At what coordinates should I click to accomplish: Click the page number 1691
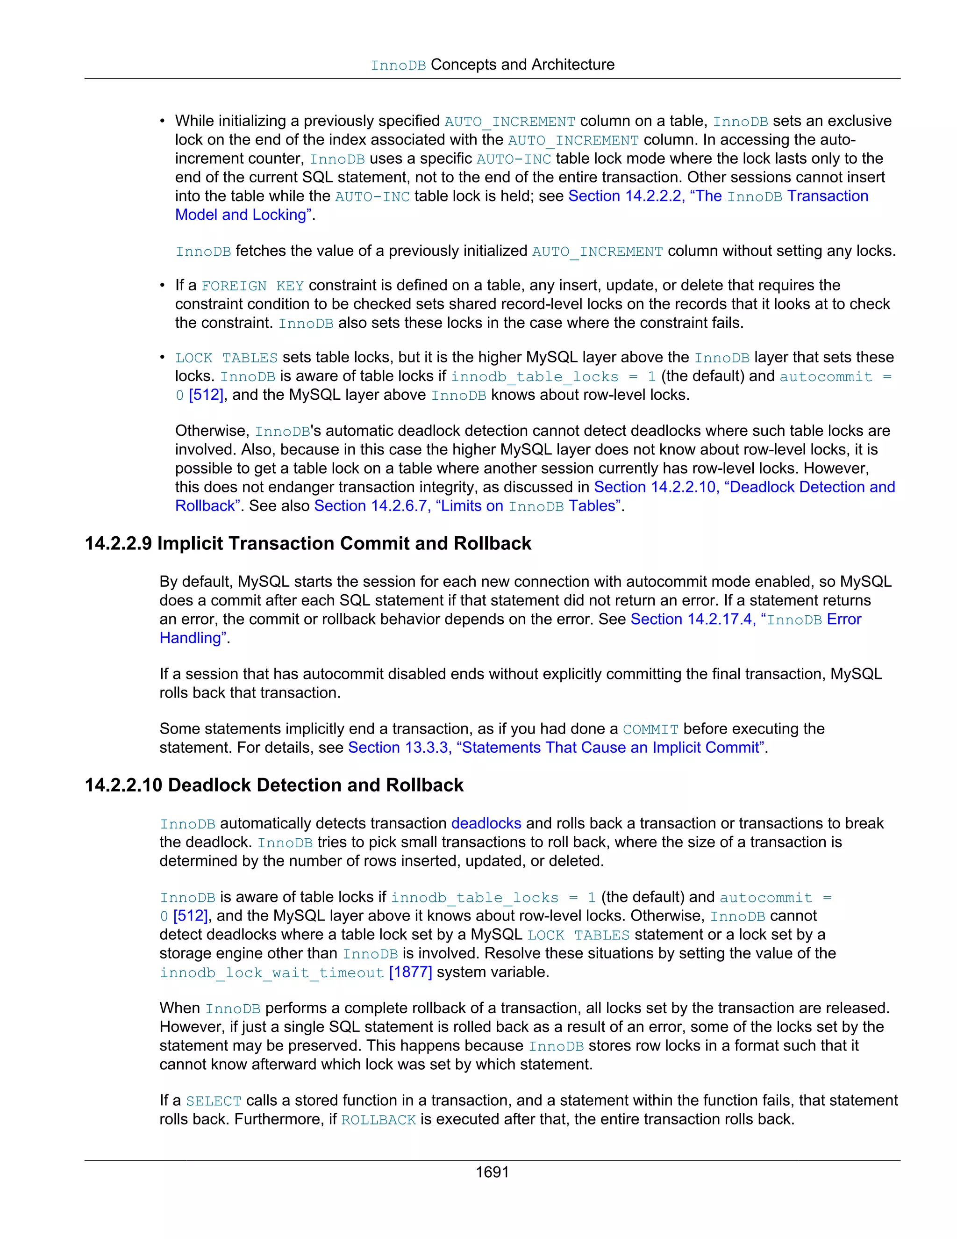point(492,1172)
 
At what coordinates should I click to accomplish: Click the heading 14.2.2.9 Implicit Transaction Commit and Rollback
point(308,543)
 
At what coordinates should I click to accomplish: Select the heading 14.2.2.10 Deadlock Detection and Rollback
point(274,785)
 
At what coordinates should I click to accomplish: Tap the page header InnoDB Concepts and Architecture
point(492,65)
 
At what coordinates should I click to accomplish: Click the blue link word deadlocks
point(486,823)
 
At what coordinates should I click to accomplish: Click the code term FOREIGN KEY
point(252,286)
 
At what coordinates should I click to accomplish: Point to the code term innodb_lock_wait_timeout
point(271,973)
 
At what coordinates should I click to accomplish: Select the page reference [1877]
point(410,972)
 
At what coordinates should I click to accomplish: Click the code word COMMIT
point(650,729)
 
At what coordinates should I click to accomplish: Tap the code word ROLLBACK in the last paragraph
point(378,1120)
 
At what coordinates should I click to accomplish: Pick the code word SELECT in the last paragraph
point(213,1101)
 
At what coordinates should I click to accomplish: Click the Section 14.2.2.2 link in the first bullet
point(718,196)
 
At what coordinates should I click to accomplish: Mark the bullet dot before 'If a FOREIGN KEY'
point(162,285)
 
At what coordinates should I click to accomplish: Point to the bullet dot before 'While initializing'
point(162,122)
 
